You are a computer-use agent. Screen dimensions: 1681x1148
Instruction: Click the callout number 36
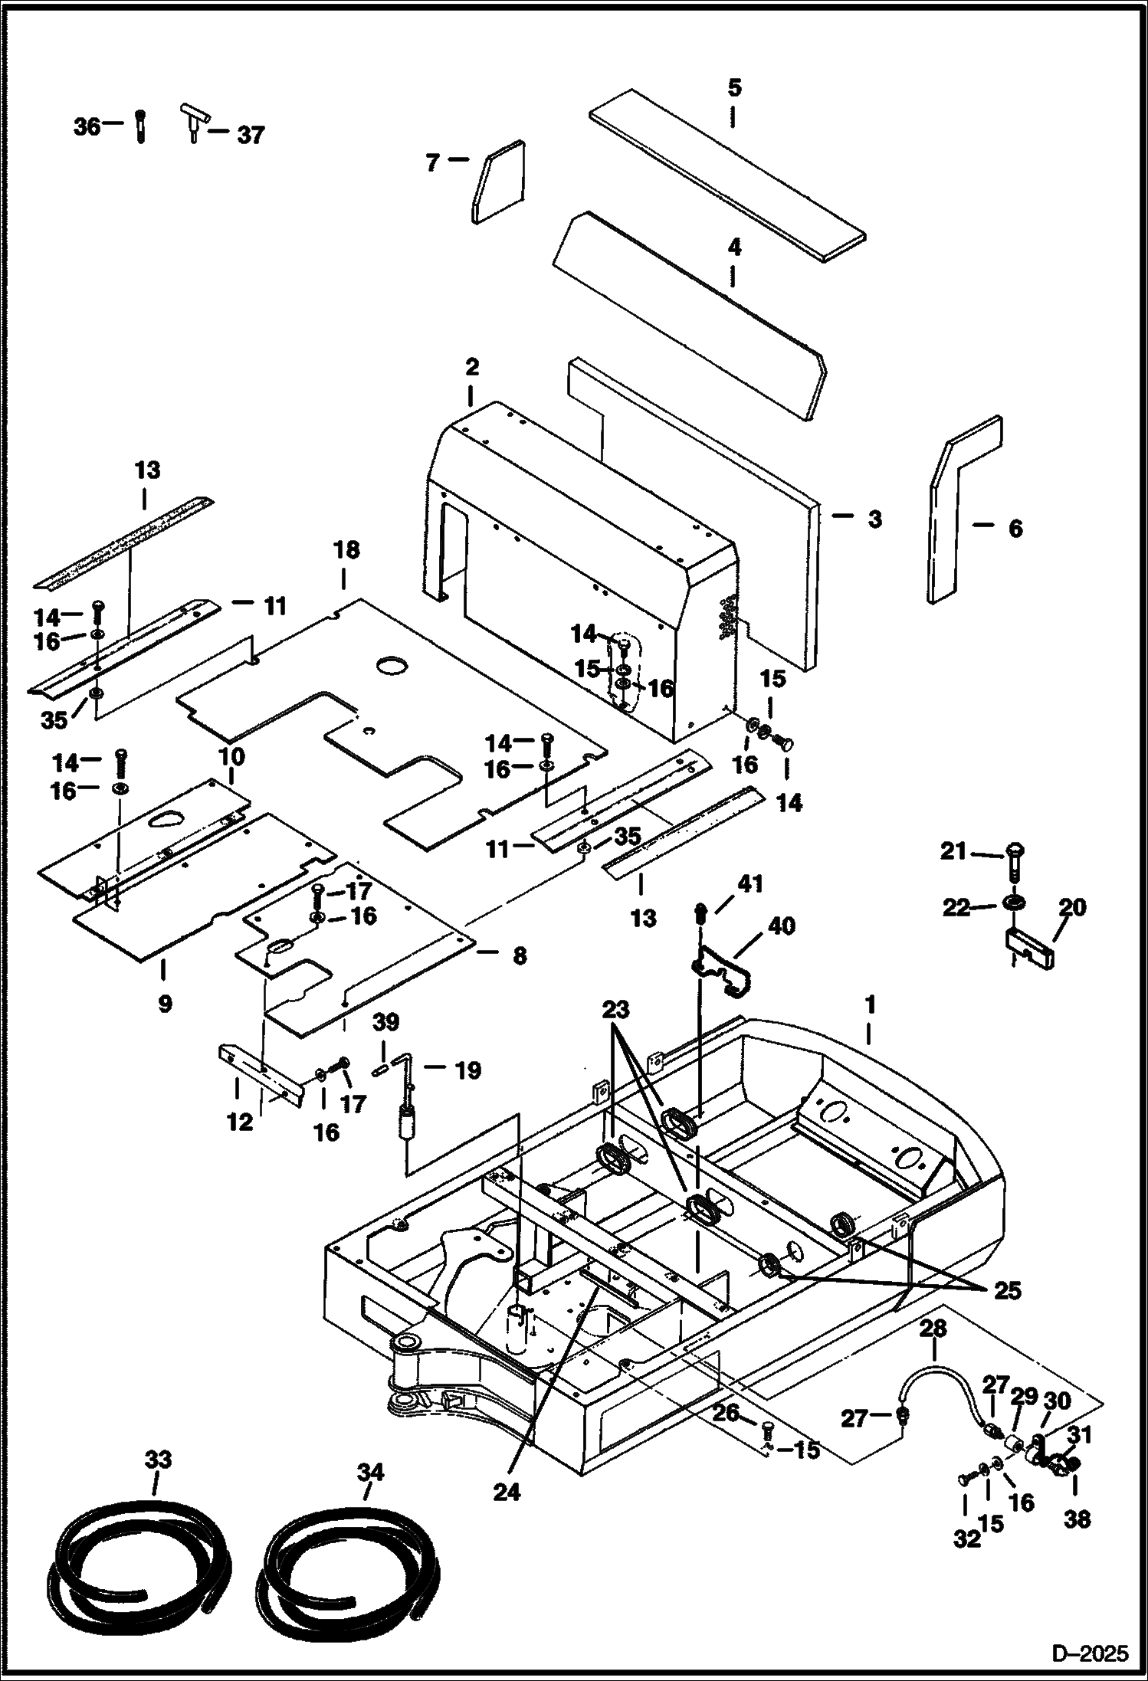[87, 126]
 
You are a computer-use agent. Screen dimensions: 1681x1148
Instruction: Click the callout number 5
[734, 88]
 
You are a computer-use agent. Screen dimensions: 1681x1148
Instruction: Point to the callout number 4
[734, 247]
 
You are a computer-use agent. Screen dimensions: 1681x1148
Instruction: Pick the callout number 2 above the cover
[472, 367]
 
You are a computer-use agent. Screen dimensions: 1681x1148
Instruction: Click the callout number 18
[346, 550]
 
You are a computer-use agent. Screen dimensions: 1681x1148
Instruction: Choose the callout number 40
[781, 926]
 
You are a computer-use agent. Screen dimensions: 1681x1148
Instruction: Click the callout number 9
[165, 1003]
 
